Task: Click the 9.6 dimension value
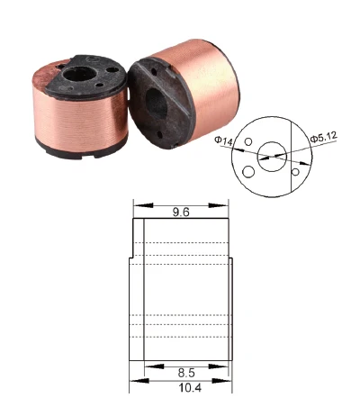point(182,213)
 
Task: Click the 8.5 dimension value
point(185,370)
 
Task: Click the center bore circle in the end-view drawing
point(270,155)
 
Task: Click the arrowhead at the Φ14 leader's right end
point(267,156)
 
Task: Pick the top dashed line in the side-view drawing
point(180,241)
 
